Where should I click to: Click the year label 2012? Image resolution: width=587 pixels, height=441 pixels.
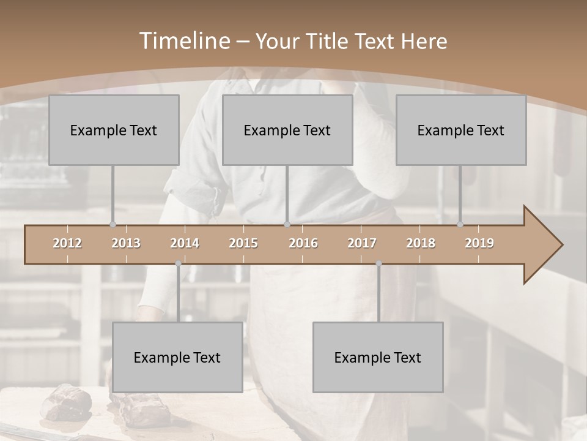tap(67, 243)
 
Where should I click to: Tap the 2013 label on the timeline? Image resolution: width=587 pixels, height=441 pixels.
tap(126, 243)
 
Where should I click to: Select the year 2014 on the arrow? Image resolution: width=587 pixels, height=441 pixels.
tap(185, 243)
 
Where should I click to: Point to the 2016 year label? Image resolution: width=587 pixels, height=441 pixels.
tap(303, 243)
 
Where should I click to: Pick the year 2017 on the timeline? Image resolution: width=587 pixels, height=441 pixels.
tap(362, 243)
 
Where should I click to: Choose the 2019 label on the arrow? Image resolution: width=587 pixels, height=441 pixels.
tap(479, 243)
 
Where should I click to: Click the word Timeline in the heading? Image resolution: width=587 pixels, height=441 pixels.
tap(183, 41)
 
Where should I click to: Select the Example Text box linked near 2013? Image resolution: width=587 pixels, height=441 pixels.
tap(114, 130)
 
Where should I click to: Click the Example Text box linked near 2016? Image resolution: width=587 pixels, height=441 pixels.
tap(287, 130)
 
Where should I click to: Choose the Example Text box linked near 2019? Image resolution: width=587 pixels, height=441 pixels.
tap(461, 130)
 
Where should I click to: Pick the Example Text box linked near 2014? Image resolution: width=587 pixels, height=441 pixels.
tap(177, 357)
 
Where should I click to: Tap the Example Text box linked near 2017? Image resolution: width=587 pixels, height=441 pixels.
tap(378, 357)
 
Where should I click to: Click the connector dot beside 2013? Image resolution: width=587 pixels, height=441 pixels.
tap(113, 224)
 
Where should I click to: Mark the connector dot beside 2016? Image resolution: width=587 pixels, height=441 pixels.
tap(287, 224)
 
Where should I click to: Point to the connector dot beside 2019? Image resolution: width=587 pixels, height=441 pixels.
tap(460, 224)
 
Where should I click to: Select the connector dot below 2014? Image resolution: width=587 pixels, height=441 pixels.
tap(178, 263)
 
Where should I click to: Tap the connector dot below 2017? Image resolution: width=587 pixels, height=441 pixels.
tap(378, 263)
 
